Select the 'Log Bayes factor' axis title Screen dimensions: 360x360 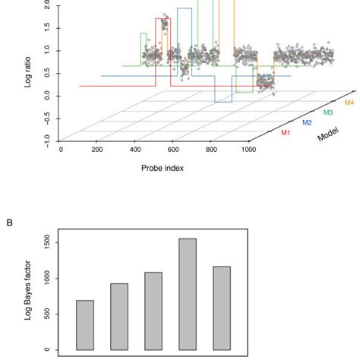[x=30, y=290]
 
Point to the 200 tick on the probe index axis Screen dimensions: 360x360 [x=97, y=150]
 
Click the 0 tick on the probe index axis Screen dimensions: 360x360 [x=62, y=150]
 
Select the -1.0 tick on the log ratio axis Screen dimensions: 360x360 [x=47, y=141]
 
